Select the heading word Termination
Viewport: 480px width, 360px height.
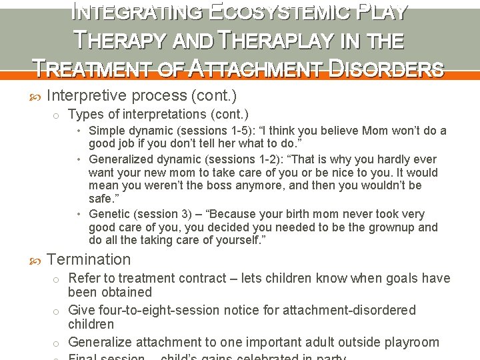[x=89, y=259]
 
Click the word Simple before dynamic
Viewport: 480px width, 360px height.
[x=107, y=131]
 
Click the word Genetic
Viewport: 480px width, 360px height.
[x=109, y=214]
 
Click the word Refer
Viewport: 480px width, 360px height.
[x=84, y=278]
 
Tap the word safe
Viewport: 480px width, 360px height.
[x=101, y=199]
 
